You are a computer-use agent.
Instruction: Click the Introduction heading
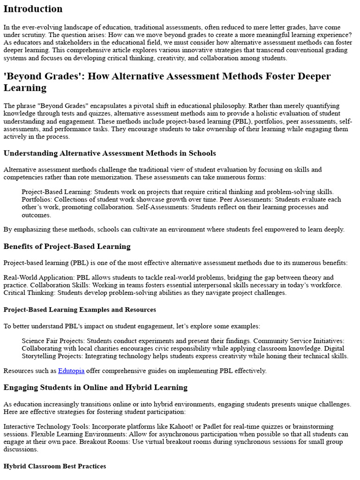pyautogui.click(x=33, y=9)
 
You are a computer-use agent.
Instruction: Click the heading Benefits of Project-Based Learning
pyautogui.click(x=67, y=246)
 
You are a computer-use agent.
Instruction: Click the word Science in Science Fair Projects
pyautogui.click(x=33, y=341)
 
